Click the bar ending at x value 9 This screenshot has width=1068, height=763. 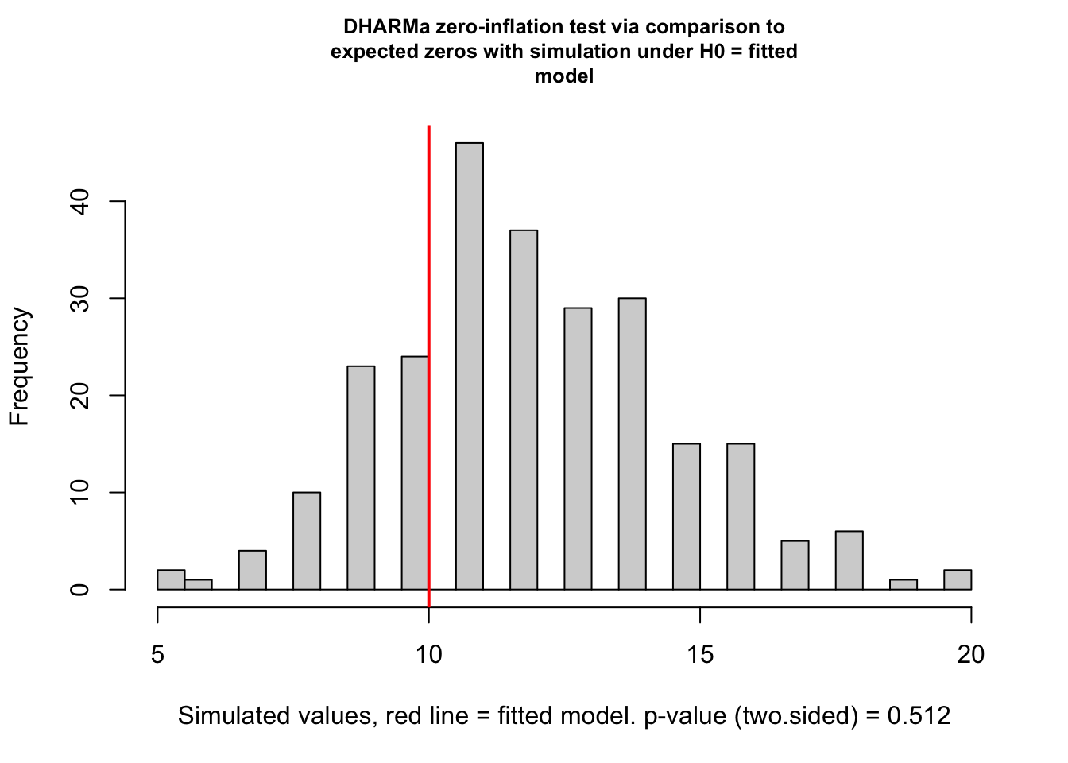click(x=361, y=477)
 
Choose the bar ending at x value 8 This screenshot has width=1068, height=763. click(x=307, y=540)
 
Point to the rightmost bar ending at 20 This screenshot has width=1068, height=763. click(x=958, y=579)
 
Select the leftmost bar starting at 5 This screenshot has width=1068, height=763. click(x=171, y=579)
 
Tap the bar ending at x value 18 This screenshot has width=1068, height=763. click(x=849, y=560)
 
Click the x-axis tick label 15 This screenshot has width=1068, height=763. click(x=700, y=654)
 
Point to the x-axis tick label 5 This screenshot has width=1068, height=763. click(x=157, y=654)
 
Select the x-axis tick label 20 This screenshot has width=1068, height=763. click(x=971, y=654)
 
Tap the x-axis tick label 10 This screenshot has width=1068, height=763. click(x=429, y=654)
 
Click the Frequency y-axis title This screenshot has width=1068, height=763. click(x=20, y=367)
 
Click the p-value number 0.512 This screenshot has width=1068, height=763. click(x=919, y=716)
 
